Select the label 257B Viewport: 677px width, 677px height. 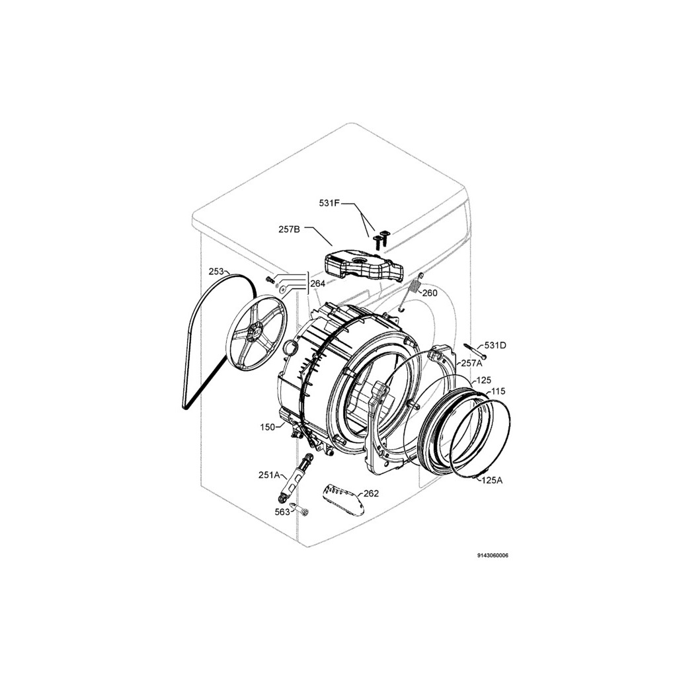pyautogui.click(x=289, y=229)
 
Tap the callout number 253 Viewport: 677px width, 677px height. pyautogui.click(x=216, y=272)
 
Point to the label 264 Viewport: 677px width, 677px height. pyautogui.click(x=318, y=284)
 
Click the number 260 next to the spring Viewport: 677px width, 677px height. pyautogui.click(x=430, y=293)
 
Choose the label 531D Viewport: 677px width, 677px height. pyautogui.click(x=495, y=345)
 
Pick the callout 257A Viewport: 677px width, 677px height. pyautogui.click(x=471, y=363)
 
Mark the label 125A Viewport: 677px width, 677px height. pyautogui.click(x=492, y=480)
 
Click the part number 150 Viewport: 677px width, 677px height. pyautogui.click(x=267, y=427)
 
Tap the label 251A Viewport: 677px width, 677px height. pyautogui.click(x=270, y=475)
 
